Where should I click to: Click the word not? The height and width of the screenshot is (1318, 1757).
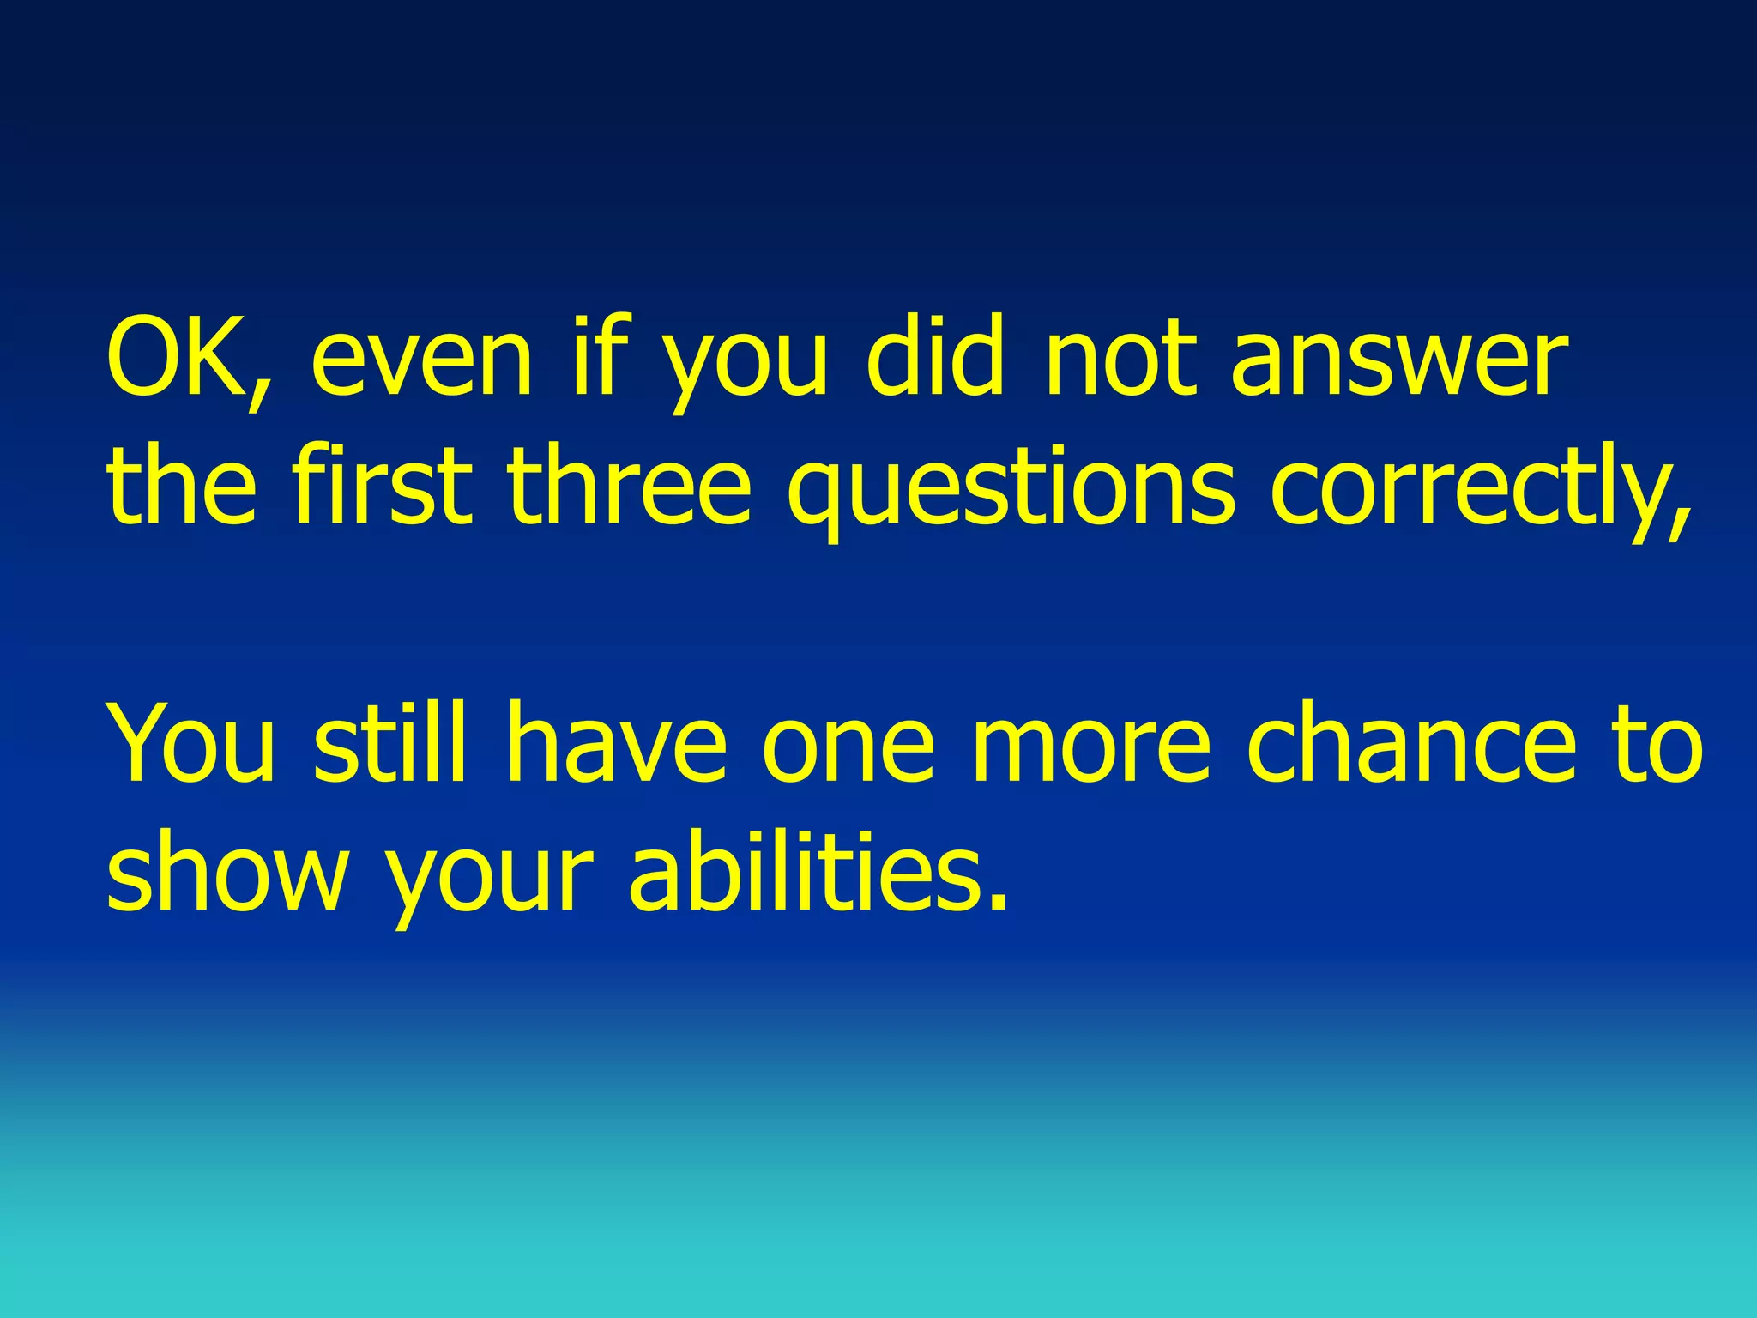pyautogui.click(x=1120, y=359)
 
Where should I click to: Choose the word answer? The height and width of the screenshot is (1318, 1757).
pyautogui.click(x=1399, y=362)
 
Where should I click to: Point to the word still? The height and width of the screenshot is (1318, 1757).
pyautogui.click(x=389, y=742)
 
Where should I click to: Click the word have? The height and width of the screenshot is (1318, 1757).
pyautogui.click(x=616, y=742)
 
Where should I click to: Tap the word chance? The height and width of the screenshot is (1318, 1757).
pyautogui.click(x=1410, y=742)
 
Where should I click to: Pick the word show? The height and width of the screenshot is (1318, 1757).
pyautogui.click(x=227, y=874)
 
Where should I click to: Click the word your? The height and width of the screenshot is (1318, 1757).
pyautogui.click(x=489, y=879)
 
